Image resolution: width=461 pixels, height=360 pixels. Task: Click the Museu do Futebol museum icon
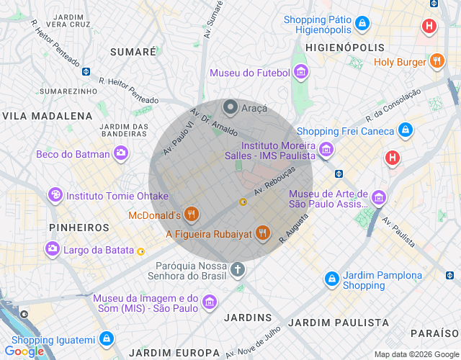pos(301,73)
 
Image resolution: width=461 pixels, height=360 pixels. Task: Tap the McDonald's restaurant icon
pos(191,215)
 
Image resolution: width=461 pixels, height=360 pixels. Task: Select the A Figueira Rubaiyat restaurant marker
pos(263,233)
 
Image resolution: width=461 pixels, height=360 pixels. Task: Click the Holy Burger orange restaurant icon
pos(437,62)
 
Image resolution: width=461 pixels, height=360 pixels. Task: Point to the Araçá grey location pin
pos(230,108)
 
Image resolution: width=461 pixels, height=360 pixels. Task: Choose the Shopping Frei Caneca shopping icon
pos(406,131)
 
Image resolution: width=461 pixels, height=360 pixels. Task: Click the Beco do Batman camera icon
pos(121,153)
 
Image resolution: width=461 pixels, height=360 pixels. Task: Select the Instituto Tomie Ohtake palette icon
pos(55,195)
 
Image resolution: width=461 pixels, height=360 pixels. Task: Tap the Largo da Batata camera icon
pos(53,250)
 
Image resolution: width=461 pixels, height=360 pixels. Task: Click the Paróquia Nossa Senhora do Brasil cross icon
pos(238,269)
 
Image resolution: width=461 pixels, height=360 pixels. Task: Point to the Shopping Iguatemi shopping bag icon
pos(106,339)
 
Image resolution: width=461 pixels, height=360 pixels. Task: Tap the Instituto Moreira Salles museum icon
pos(326,150)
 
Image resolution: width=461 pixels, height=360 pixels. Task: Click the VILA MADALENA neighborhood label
pos(48,115)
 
